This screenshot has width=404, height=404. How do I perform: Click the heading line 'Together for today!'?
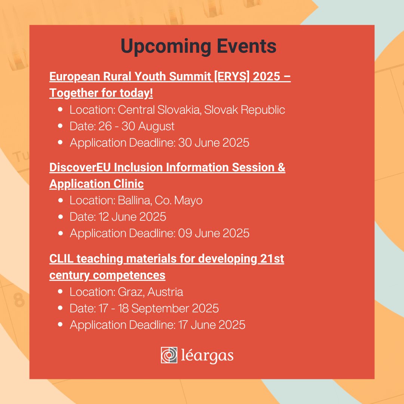101,94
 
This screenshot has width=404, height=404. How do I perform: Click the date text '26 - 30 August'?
137,126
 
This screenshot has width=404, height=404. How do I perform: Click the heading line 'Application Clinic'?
97,184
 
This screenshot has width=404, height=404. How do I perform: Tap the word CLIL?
60,259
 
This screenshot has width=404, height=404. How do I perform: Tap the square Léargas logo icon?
169,355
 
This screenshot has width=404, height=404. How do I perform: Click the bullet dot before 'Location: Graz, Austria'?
61,292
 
